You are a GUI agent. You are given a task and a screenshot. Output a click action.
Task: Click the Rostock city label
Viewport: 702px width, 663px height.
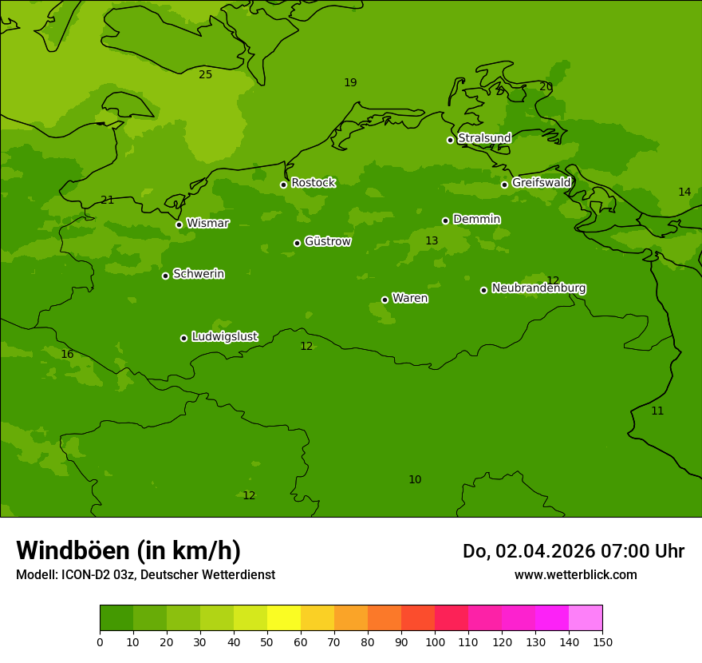[313, 183]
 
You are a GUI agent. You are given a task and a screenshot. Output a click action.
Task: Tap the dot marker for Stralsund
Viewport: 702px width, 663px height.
[450, 140]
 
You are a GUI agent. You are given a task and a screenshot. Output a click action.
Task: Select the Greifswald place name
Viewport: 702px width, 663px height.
[541, 183]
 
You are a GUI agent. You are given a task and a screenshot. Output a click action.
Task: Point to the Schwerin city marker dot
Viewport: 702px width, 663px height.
[165, 276]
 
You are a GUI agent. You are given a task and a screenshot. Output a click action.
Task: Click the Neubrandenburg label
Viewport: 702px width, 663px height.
[538, 288]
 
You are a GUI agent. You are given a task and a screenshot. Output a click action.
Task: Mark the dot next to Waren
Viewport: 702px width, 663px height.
[385, 300]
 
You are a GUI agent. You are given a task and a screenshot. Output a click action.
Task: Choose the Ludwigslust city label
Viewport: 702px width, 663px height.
[224, 337]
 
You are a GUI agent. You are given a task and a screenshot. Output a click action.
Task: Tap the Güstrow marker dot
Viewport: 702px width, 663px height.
[297, 243]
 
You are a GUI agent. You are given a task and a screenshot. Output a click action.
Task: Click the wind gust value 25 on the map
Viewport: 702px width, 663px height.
[206, 75]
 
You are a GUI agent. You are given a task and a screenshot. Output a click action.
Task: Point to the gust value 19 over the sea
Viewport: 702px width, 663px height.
[350, 83]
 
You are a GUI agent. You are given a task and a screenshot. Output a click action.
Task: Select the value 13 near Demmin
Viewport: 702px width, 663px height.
[432, 241]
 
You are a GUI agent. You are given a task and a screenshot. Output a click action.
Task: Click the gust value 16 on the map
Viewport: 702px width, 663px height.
[67, 355]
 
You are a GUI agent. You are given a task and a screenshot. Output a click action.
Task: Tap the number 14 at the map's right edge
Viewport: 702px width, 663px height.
[684, 193]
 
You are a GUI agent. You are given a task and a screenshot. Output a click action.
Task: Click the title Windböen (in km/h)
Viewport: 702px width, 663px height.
[128, 550]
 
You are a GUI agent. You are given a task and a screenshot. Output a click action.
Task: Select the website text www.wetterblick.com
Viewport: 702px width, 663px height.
[575, 575]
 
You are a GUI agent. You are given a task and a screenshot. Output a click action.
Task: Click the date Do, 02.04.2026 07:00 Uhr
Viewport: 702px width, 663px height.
[573, 551]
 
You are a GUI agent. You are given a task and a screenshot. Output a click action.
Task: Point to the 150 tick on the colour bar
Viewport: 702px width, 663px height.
[602, 641]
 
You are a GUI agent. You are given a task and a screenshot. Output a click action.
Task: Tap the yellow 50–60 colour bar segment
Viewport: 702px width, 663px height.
[284, 618]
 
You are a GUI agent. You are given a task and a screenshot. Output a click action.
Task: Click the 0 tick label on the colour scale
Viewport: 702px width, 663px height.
[100, 641]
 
